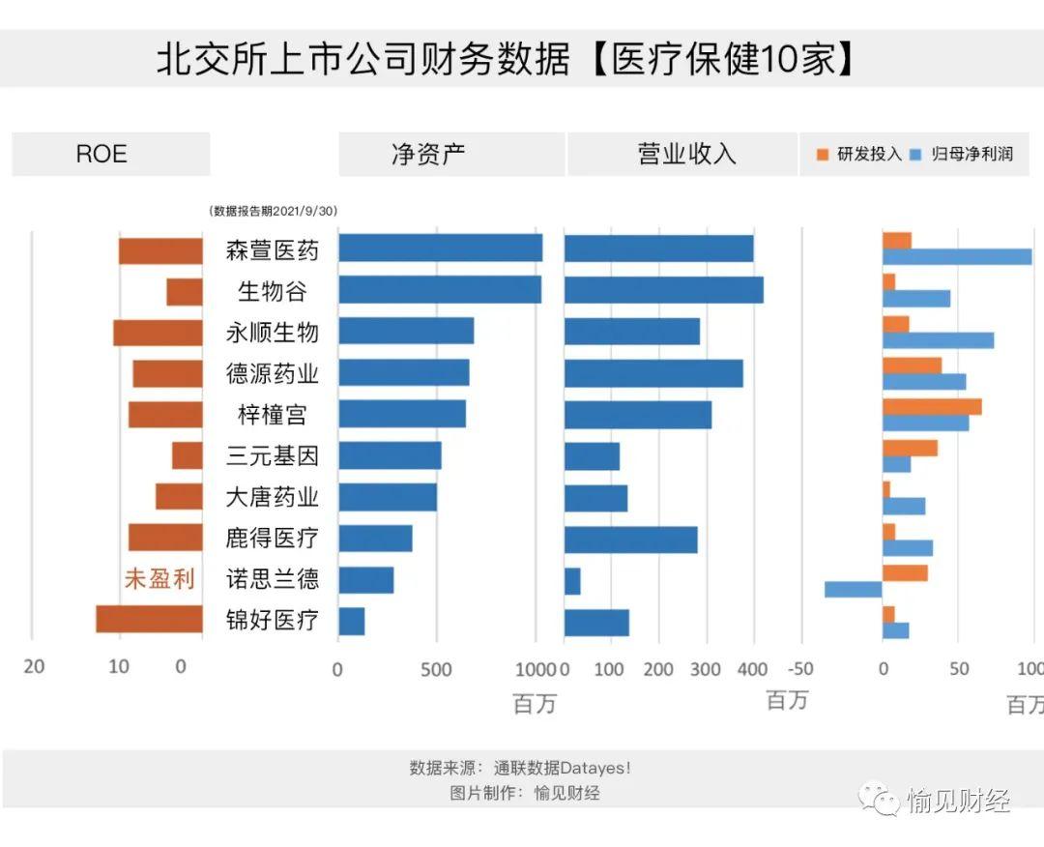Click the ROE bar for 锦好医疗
click(149, 620)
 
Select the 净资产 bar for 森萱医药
click(440, 248)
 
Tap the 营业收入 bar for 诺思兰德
click(572, 581)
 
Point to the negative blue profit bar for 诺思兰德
click(854, 589)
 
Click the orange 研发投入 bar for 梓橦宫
click(932, 406)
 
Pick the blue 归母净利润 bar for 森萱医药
click(957, 257)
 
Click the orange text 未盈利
click(159, 579)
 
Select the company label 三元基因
click(272, 455)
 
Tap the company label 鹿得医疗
click(272, 538)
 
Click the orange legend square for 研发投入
click(824, 155)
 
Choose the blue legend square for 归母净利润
click(916, 155)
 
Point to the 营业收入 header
click(686, 154)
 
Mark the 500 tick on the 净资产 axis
click(436, 668)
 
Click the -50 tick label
click(800, 668)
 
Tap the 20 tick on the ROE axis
click(34, 666)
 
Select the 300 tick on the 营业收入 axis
click(706, 668)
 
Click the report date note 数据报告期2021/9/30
click(274, 211)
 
